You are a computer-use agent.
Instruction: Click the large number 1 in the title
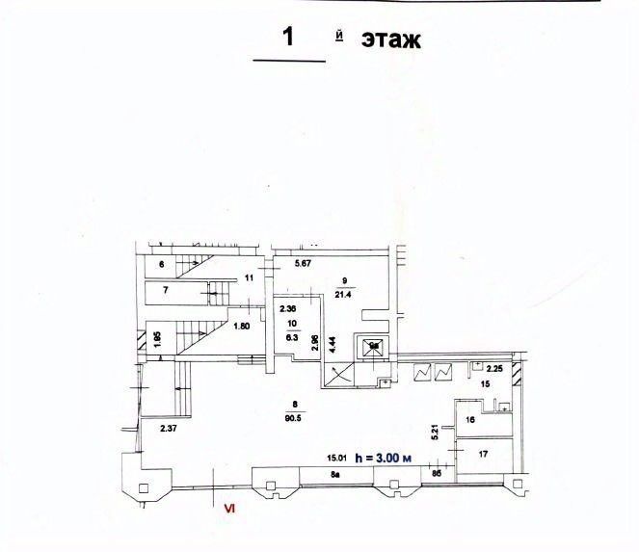287,38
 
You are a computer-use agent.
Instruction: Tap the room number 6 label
163,264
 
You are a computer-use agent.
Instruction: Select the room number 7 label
166,290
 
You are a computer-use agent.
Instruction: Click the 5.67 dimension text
305,264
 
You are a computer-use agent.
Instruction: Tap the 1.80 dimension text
242,327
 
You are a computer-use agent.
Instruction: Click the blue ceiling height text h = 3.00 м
384,459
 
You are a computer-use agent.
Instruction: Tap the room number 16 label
470,420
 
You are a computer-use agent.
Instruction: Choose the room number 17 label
483,454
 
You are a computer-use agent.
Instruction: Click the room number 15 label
485,383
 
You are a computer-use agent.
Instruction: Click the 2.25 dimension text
494,368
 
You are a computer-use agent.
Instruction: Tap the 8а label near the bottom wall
336,475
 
